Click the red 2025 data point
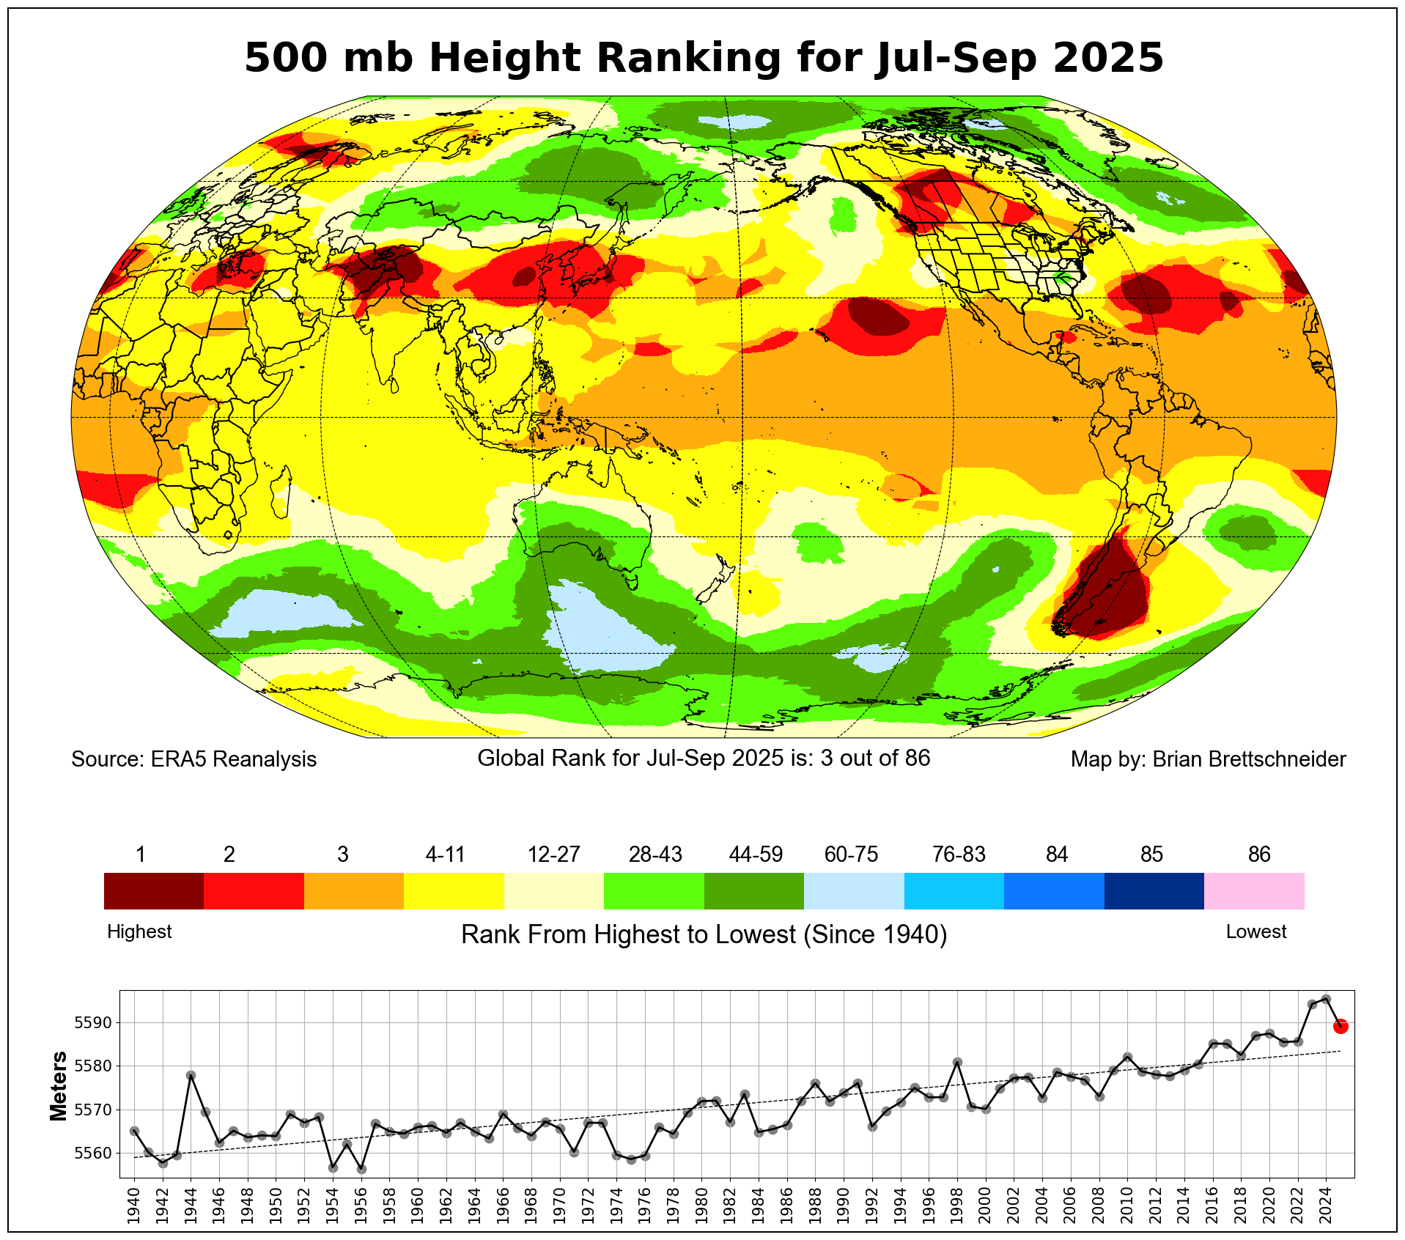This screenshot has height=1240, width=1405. click(x=1340, y=1026)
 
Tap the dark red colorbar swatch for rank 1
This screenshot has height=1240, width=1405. click(x=153, y=890)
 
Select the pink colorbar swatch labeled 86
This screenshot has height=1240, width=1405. click(x=1254, y=890)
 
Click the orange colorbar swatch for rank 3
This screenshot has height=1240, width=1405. click(x=353, y=890)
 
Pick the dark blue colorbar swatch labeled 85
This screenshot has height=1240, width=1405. click(x=1154, y=890)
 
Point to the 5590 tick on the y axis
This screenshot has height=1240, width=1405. click(x=92, y=1023)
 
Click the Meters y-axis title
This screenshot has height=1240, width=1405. click(x=59, y=1086)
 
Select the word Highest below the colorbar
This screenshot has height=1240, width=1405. click(x=139, y=931)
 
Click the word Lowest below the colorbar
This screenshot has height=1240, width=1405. click(x=1256, y=931)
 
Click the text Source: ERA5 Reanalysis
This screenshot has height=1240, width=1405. click(x=194, y=759)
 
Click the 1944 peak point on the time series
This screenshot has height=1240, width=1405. click(x=191, y=1075)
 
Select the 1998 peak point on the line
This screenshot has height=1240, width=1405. click(x=957, y=1062)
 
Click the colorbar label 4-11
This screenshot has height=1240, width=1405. click(x=445, y=855)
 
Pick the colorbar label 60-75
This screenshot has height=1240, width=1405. click(x=851, y=855)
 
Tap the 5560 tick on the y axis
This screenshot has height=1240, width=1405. click(x=92, y=1154)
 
